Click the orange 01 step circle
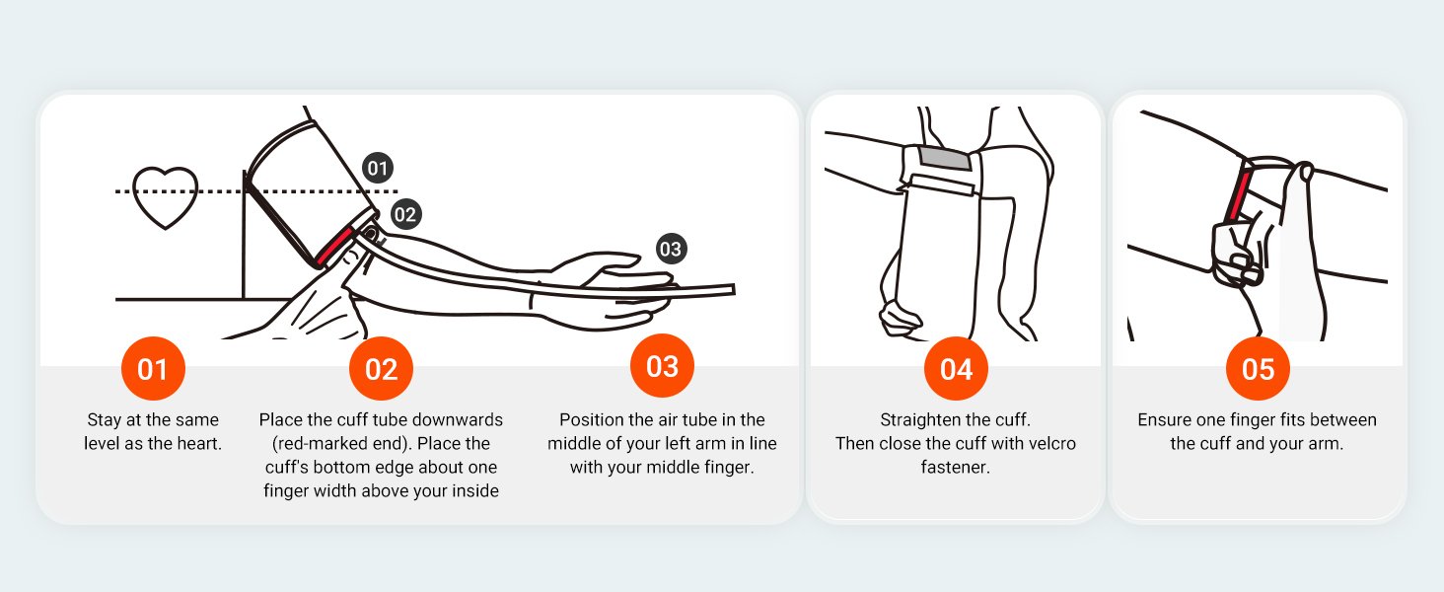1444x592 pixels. pos(153,368)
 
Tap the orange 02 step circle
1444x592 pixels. pos(381,368)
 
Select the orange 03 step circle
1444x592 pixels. pos(662,366)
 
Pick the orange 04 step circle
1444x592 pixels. pos(956,368)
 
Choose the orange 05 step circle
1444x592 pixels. pos(1257,368)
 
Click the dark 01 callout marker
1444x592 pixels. pos(377,169)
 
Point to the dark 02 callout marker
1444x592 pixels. pos(404,214)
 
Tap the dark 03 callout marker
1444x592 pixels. pos(671,249)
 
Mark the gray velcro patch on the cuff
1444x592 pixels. pos(944,158)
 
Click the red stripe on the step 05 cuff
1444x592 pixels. pos(1239,191)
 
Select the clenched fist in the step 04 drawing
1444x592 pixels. pos(900,319)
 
